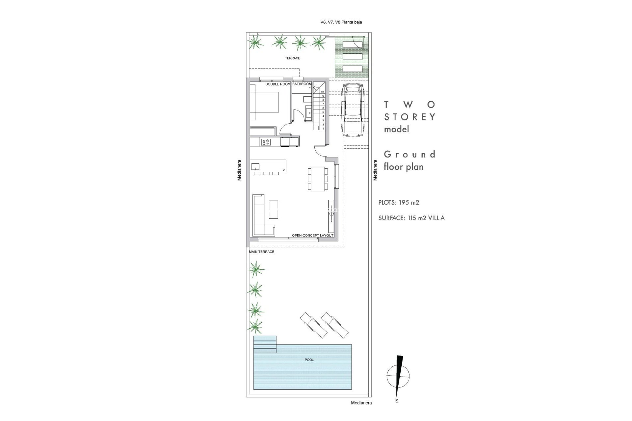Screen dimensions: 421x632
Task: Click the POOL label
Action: click(x=309, y=360)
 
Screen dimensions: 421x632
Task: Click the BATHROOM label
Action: click(x=302, y=84)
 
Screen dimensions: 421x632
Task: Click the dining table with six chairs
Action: click(x=318, y=179)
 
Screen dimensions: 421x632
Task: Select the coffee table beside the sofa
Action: click(x=273, y=210)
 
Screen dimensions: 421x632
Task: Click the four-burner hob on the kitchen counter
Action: click(x=266, y=142)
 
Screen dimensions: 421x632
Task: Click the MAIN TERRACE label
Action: click(x=262, y=252)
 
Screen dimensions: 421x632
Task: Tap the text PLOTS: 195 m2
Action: click(x=399, y=203)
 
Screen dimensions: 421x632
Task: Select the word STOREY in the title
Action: click(x=410, y=117)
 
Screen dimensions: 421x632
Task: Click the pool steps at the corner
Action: click(x=265, y=344)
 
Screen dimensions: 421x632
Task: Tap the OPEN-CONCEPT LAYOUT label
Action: click(x=313, y=235)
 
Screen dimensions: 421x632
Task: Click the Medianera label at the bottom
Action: click(x=361, y=403)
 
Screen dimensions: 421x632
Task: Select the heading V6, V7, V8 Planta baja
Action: click(x=341, y=22)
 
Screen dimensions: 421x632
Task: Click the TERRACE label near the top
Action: click(x=292, y=58)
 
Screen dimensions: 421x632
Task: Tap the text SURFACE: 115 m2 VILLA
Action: click(x=411, y=218)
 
